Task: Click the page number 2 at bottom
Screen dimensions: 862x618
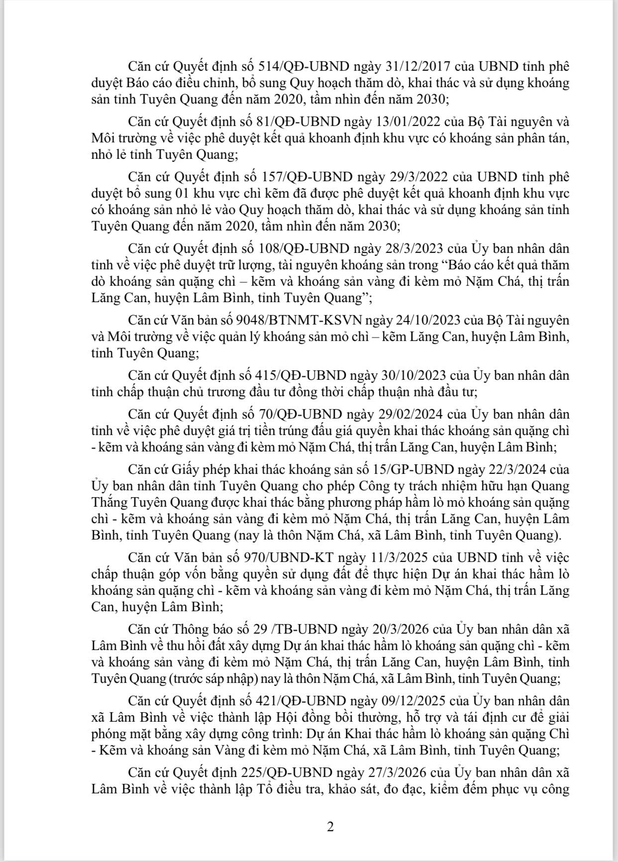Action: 330,827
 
